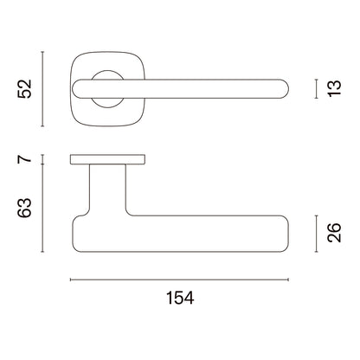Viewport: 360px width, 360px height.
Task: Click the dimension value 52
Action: (24, 89)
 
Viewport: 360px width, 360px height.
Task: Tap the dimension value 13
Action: (335, 88)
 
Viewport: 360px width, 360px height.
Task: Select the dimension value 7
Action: (24, 159)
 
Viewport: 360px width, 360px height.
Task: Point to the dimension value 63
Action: (24, 208)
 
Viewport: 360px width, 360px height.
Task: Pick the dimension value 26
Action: (335, 233)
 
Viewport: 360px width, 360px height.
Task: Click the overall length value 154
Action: (180, 298)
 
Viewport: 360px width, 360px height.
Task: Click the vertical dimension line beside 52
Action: (42, 89)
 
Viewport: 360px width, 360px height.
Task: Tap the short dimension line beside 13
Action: (317, 89)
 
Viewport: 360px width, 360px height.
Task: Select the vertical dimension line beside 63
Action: (42, 208)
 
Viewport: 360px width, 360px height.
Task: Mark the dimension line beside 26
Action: (317, 234)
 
